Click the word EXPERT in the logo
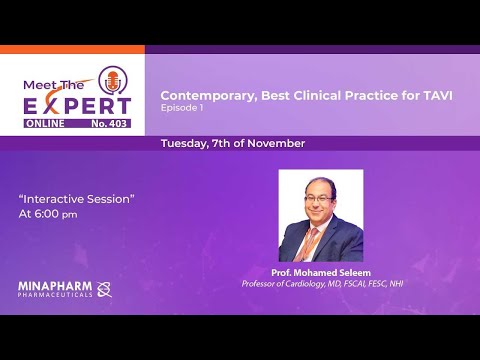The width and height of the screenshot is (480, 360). coord(77,105)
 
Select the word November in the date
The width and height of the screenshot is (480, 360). coord(276,143)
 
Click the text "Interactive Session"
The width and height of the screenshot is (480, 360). coord(76,198)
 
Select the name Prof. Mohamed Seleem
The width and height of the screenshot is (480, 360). coord(321,272)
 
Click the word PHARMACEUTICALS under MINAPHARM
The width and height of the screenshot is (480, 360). coord(54,294)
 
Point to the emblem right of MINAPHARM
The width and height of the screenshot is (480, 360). coord(104,289)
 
